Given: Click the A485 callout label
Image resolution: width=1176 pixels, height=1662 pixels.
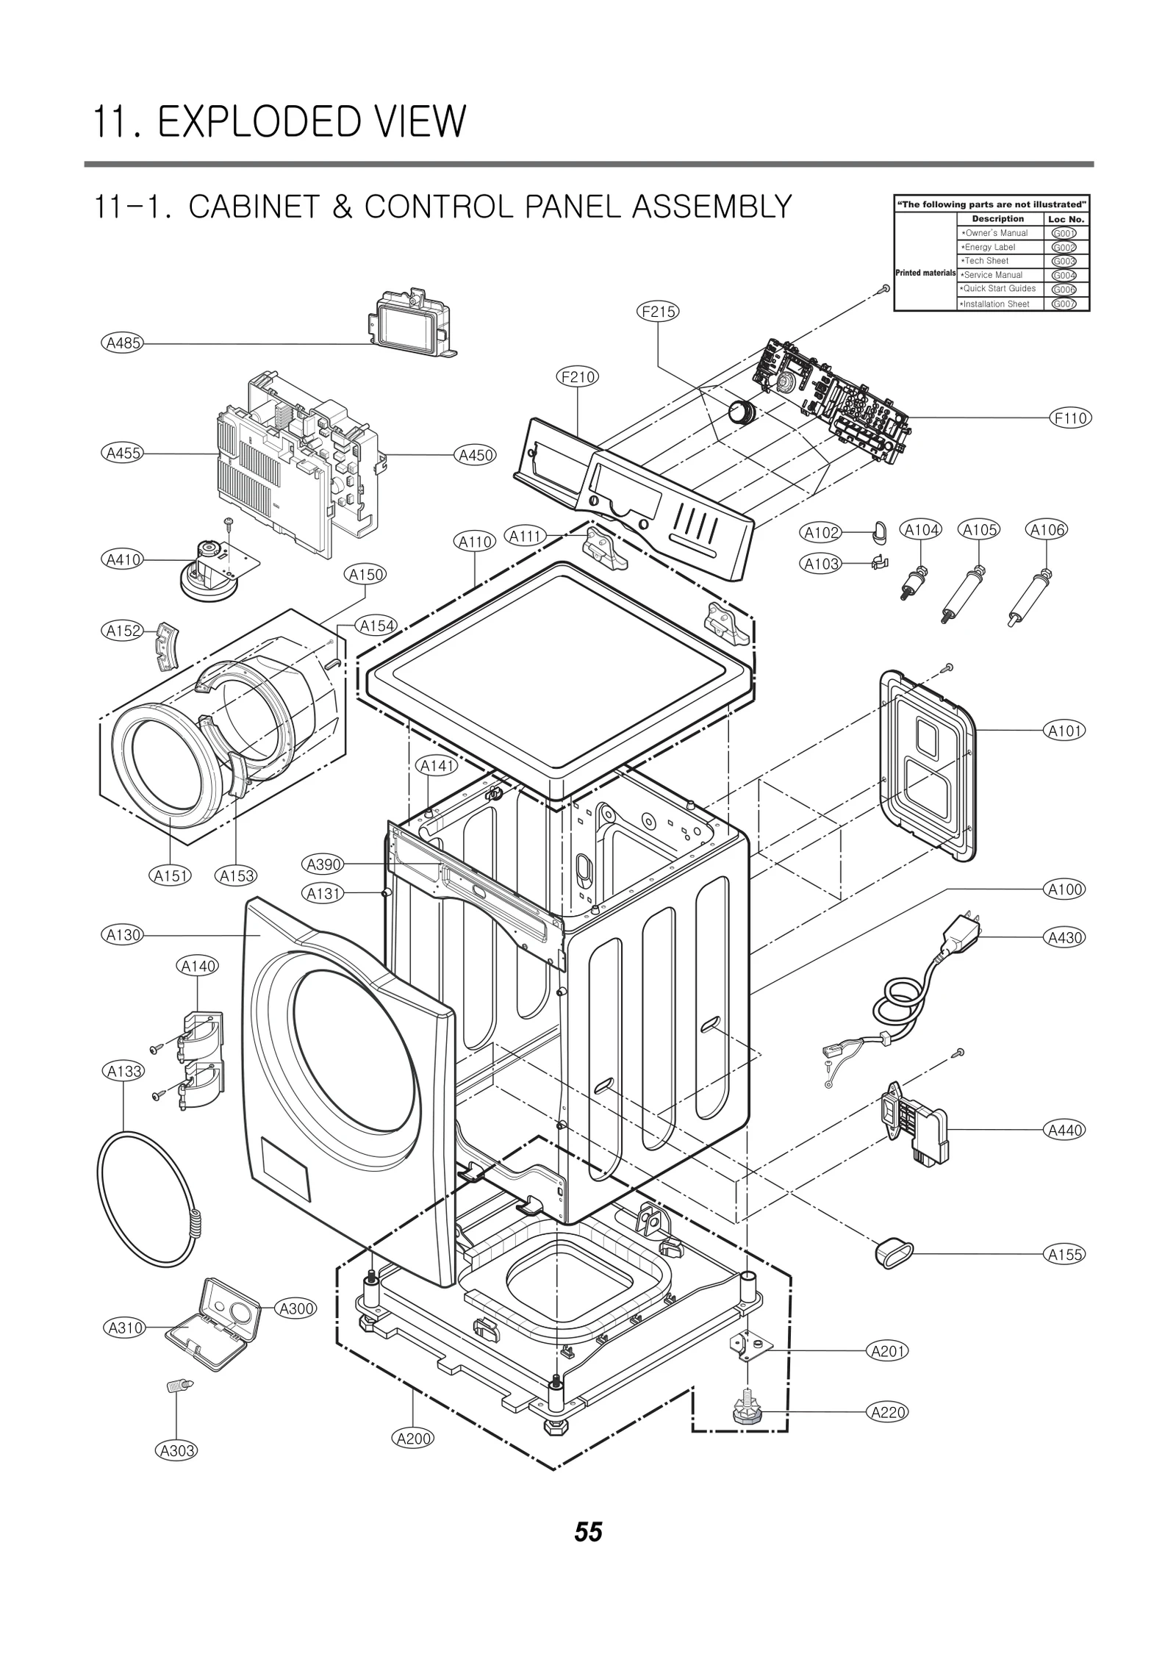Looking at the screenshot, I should coord(122,343).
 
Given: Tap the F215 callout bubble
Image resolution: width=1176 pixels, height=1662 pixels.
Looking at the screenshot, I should coord(657,312).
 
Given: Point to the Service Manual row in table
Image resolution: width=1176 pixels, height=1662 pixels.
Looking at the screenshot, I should coord(994,275).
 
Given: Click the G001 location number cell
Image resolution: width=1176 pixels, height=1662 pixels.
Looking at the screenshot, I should coord(1064,233).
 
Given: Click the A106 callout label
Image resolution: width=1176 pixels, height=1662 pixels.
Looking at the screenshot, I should coord(1047,529).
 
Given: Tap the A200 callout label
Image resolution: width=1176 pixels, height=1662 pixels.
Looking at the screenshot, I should coord(413,1438).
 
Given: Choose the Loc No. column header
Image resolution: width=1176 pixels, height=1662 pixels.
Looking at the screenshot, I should coord(1066,219).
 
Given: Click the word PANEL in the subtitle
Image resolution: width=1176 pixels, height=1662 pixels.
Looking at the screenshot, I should coord(564,207).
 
